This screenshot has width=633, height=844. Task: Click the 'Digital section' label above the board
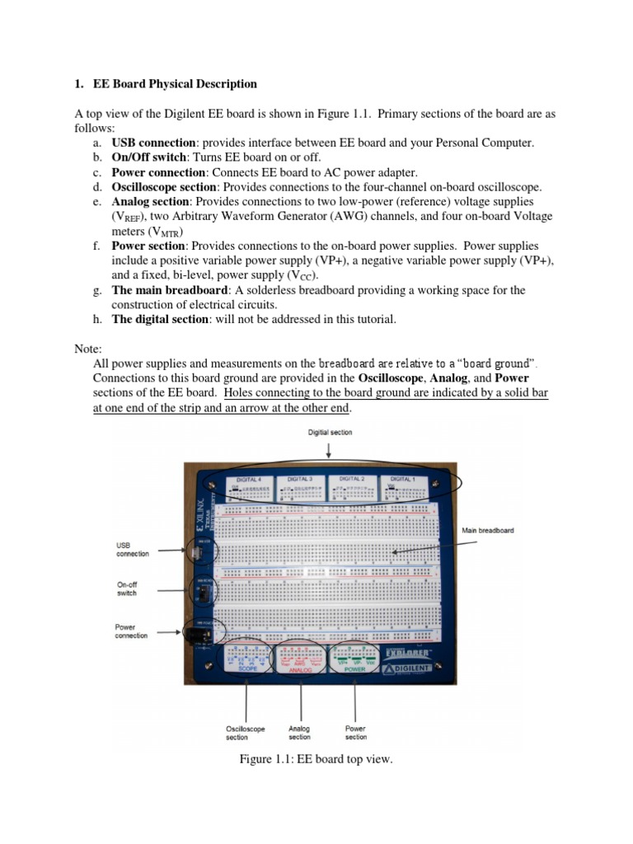(x=329, y=432)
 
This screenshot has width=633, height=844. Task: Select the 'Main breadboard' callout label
(x=488, y=530)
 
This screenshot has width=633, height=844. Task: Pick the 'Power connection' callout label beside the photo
(x=131, y=631)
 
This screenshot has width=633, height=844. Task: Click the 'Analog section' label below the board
(x=299, y=733)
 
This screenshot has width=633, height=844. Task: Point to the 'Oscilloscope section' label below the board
(x=245, y=733)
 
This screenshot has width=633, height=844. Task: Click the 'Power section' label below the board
(x=356, y=733)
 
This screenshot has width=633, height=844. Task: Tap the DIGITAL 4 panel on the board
(x=249, y=486)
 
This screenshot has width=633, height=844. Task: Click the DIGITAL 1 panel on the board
(x=402, y=486)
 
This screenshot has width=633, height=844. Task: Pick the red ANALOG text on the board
(x=300, y=670)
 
